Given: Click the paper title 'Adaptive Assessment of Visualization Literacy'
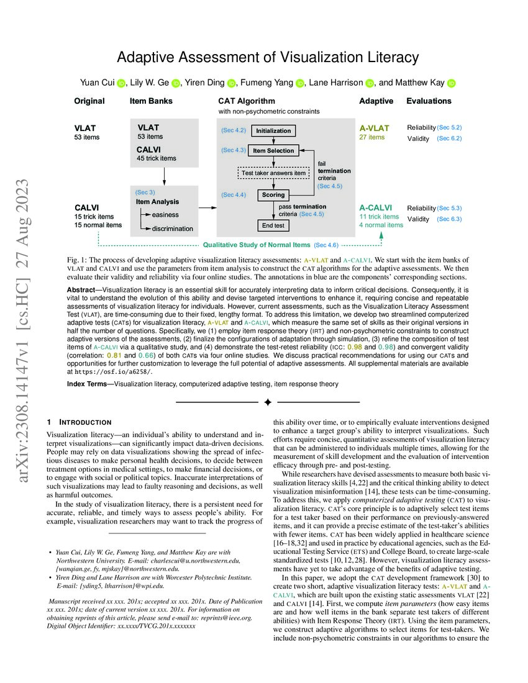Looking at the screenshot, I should coord(268,58).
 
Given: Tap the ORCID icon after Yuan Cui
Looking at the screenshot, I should coord(121,83).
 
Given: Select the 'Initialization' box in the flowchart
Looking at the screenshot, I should coord(273,131).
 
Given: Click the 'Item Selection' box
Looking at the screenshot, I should coord(274,150).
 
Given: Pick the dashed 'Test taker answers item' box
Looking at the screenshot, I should coord(273,173).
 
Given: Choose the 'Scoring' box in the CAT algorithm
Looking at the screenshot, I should coord(273,195).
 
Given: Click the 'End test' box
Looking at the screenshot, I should coord(273,225).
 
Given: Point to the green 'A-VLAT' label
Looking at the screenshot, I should coord(374,129).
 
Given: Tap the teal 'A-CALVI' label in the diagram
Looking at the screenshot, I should coord(375,207).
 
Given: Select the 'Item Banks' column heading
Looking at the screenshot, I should coord(151,101).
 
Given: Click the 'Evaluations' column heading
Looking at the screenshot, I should coord(429,101).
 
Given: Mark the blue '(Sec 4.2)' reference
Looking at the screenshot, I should coord(234,131).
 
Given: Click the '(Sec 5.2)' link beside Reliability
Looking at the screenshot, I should coord(449,127).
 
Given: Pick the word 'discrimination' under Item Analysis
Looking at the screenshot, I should coord(172,228).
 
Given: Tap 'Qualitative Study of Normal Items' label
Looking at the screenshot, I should coord(257,245).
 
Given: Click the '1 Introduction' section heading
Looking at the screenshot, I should coord(79,422).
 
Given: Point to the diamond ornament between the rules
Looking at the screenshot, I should coord(268,402).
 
